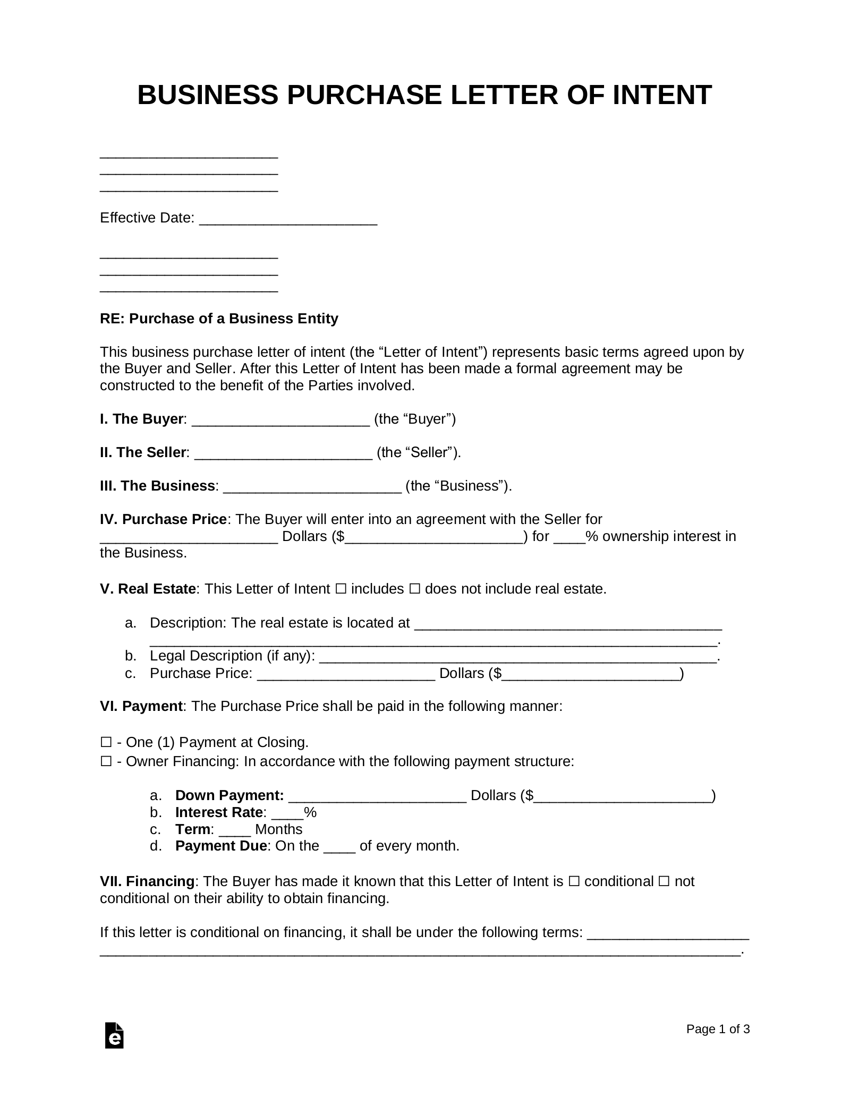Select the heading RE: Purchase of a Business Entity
219,319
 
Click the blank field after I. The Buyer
280,421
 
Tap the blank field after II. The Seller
283,454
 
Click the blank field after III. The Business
312,488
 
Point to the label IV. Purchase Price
164,519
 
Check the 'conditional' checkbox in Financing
574,881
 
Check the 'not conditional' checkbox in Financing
664,881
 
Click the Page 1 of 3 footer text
718,1029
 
